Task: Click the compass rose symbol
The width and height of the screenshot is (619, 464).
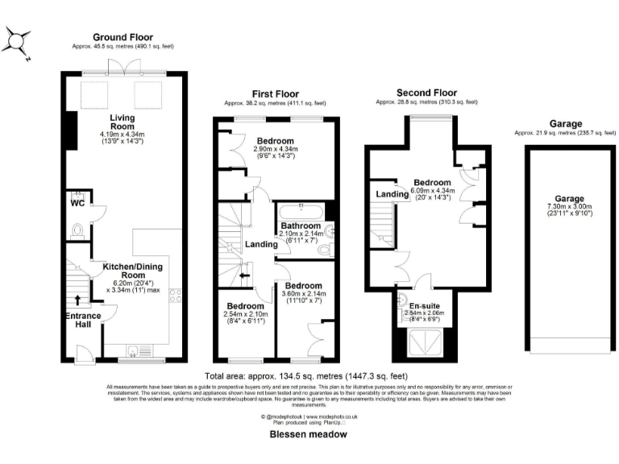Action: (x=19, y=40)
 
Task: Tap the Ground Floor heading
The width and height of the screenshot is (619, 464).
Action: (x=123, y=37)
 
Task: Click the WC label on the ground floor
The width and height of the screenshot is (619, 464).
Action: (x=78, y=203)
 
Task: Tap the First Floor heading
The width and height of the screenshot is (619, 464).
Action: (x=275, y=94)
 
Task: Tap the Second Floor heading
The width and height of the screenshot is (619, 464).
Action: (x=426, y=93)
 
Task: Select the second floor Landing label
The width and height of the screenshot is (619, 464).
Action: (x=392, y=194)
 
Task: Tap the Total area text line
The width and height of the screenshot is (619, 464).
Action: (x=306, y=376)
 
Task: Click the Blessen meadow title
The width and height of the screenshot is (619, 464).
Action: (x=309, y=434)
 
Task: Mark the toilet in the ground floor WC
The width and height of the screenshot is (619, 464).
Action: (x=77, y=230)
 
